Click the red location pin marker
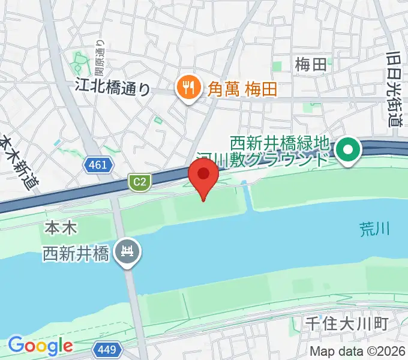[x=203, y=176]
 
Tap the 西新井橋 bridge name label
[x=76, y=254]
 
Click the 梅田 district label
[x=311, y=65]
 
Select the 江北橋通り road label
[x=112, y=88]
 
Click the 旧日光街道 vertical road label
[x=394, y=88]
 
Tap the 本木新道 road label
[x=18, y=162]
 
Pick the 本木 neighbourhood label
[x=59, y=229]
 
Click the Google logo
[x=40, y=346]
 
